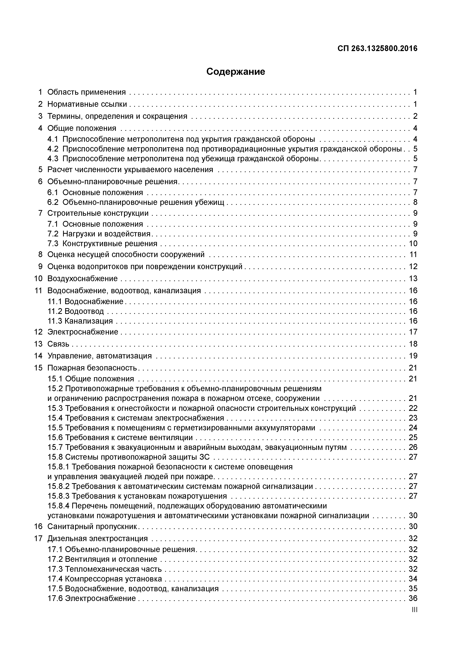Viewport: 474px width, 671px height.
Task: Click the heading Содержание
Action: click(x=235, y=72)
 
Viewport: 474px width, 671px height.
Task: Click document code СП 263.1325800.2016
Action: click(x=377, y=49)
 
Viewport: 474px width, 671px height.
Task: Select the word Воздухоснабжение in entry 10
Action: click(x=82, y=278)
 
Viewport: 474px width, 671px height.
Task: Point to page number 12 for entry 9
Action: click(x=413, y=266)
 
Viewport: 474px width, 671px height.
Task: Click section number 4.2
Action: click(x=53, y=149)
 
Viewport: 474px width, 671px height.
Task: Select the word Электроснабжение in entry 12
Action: click(x=83, y=332)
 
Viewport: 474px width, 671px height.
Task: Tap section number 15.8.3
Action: click(x=58, y=496)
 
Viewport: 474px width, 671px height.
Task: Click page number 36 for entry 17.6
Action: click(x=413, y=599)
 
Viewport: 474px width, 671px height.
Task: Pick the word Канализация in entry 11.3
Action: click(x=88, y=321)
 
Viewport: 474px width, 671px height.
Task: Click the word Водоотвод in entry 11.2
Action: click(x=84, y=311)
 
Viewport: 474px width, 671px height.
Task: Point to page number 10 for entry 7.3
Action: click(x=413, y=244)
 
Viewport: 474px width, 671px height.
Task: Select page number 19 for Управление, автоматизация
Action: click(x=413, y=356)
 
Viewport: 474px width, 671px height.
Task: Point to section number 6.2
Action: click(x=53, y=202)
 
